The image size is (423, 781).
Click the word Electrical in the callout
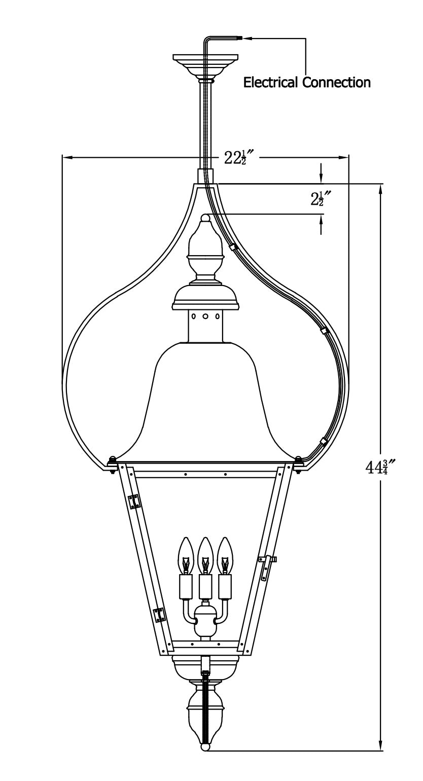270,83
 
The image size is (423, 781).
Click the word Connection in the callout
336,83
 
